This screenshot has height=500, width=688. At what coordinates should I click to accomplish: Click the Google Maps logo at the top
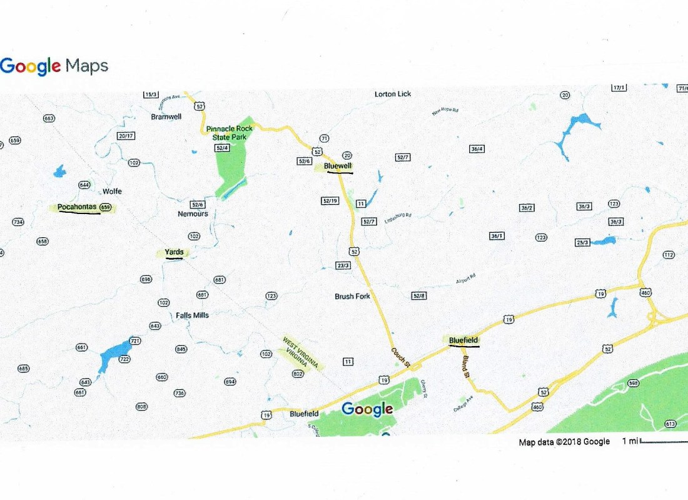[x=54, y=66]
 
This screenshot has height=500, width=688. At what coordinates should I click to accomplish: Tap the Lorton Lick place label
[x=393, y=94]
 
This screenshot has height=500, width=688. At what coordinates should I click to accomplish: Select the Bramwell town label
[x=166, y=116]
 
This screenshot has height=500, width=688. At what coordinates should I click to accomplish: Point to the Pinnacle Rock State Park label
[x=230, y=133]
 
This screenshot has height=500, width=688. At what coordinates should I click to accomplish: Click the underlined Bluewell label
[x=339, y=166]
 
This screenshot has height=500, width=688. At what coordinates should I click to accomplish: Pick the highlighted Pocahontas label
[x=78, y=207]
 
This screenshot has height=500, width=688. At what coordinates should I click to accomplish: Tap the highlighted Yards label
[x=174, y=252]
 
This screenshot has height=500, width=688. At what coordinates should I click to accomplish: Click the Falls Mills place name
[x=192, y=315]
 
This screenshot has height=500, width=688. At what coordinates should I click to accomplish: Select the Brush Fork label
[x=353, y=296]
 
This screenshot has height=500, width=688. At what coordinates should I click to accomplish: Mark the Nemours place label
[x=193, y=213]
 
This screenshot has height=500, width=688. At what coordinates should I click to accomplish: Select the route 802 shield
[x=298, y=374]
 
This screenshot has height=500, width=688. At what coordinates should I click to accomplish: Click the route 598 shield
[x=633, y=383]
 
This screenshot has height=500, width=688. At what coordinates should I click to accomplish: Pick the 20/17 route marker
[x=126, y=135]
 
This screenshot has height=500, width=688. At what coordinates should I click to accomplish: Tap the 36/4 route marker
[x=477, y=149]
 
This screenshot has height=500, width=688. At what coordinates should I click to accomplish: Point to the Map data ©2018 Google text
[x=564, y=442]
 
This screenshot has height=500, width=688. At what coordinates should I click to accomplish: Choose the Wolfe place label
[x=112, y=191]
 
